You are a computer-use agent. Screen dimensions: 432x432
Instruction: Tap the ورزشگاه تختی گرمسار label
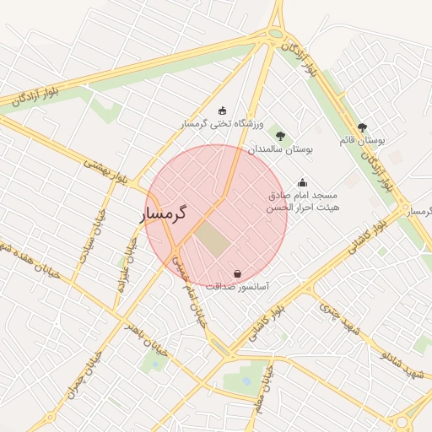point(222,124)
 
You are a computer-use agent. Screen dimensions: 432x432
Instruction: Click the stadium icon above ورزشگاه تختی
point(222,111)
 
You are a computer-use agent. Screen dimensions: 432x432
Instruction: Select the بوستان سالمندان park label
point(280,148)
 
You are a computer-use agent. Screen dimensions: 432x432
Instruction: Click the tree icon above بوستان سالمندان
point(280,135)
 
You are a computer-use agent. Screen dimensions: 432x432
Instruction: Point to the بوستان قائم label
point(362,140)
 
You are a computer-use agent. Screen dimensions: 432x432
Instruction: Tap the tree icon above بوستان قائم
point(362,127)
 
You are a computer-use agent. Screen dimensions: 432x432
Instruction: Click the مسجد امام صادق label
point(303,195)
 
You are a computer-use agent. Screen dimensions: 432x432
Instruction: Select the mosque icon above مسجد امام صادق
point(303,182)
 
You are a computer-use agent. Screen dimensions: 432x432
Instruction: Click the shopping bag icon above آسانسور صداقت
point(237,273)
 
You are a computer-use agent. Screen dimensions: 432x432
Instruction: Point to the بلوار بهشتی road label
point(105,170)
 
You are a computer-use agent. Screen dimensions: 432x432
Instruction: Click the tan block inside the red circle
point(213,240)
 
